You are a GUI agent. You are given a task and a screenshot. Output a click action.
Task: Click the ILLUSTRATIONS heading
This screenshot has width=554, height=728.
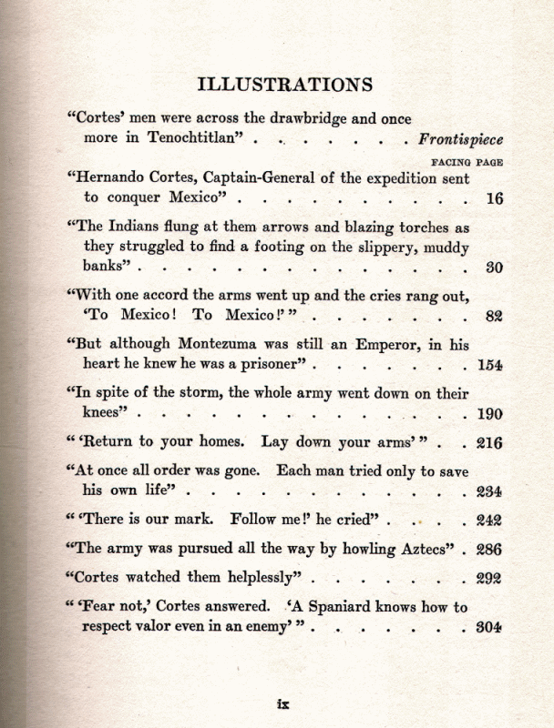tap(284, 85)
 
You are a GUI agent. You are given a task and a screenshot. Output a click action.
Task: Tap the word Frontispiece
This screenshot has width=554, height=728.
tap(461, 139)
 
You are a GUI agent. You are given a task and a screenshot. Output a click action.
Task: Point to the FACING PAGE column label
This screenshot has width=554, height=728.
tap(467, 161)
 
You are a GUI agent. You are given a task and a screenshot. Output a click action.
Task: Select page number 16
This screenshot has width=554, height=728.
tap(494, 199)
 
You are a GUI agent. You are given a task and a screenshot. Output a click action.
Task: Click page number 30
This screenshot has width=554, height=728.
tap(494, 268)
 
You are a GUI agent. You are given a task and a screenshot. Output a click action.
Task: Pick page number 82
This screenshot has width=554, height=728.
tap(494, 318)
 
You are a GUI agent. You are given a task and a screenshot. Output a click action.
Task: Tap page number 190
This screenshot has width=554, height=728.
tap(490, 414)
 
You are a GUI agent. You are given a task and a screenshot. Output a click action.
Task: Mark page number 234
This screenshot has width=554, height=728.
tap(490, 492)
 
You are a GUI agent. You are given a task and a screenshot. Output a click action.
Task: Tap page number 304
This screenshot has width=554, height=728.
tap(490, 628)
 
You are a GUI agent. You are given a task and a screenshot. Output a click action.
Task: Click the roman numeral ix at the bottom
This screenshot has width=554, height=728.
tap(282, 703)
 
